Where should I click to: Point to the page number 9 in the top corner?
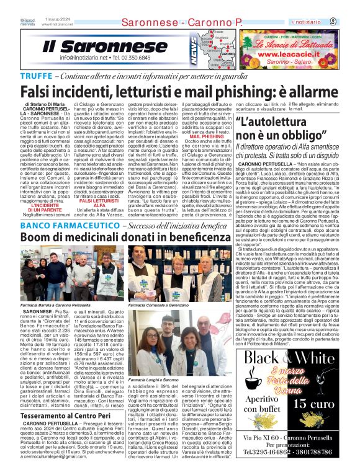tap(351, 22)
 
